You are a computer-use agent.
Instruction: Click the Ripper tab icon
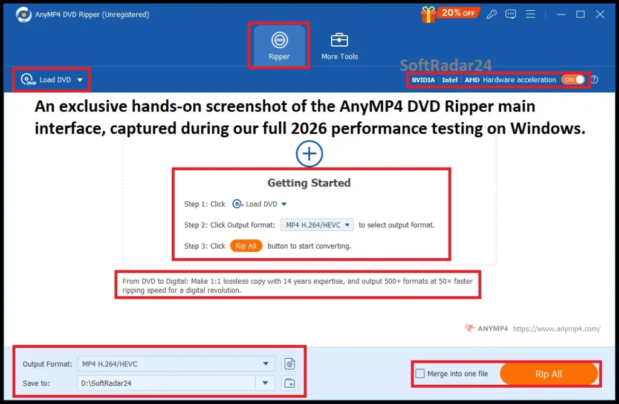(x=279, y=41)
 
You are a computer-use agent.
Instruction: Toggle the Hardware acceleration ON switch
(x=574, y=80)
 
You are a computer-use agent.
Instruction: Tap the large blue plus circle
(x=309, y=154)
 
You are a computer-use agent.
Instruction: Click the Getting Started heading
(x=309, y=183)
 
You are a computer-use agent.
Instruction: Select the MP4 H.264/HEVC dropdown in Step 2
(x=317, y=225)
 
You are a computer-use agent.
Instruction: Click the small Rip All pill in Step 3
(x=246, y=246)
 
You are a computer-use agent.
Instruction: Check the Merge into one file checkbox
(x=420, y=374)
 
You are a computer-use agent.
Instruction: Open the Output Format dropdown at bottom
(x=175, y=363)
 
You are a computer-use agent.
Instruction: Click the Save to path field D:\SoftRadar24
(x=166, y=383)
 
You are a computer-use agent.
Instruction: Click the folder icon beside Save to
(x=290, y=383)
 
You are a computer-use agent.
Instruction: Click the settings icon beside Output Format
(x=290, y=363)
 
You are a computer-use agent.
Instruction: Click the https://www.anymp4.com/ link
(x=556, y=329)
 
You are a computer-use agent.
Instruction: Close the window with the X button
(x=600, y=14)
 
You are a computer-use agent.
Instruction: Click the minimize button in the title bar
(x=560, y=14)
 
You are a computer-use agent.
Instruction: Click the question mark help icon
(x=594, y=80)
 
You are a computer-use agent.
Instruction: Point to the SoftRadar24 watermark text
(x=446, y=65)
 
